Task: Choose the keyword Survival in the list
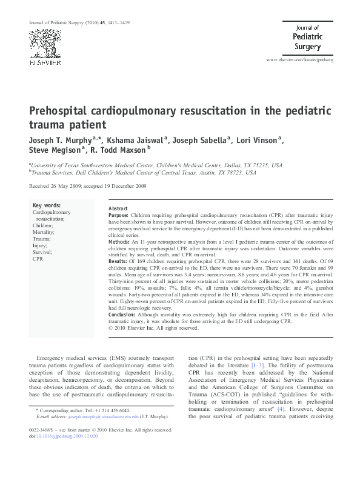pyautogui.click(x=42, y=252)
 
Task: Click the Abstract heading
pyautogui.click(x=118, y=208)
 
